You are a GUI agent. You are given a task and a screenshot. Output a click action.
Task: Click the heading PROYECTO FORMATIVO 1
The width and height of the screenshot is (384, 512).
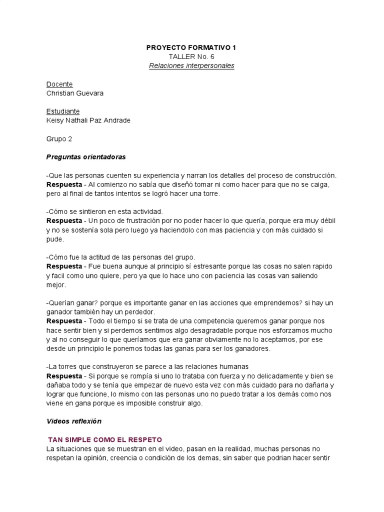191,47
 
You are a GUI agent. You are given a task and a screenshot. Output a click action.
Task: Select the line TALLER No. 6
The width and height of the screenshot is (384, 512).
191,56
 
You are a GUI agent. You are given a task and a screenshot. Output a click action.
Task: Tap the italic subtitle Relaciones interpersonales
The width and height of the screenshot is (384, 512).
191,66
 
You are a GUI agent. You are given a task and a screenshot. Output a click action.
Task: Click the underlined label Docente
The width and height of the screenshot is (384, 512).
59,84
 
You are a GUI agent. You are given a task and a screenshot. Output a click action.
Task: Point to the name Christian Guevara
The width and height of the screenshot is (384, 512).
75,93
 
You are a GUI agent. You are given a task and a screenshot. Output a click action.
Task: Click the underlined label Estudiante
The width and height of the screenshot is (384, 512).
63,111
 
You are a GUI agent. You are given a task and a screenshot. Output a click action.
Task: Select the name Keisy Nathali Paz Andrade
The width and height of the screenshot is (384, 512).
88,120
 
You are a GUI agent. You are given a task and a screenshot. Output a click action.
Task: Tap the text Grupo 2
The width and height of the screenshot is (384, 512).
59,138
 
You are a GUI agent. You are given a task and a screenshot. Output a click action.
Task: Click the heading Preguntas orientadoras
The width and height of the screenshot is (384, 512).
86,156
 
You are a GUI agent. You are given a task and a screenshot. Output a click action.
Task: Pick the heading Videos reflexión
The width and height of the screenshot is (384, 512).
73,421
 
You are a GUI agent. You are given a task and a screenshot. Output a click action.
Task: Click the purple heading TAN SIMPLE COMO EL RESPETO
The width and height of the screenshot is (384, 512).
105,439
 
